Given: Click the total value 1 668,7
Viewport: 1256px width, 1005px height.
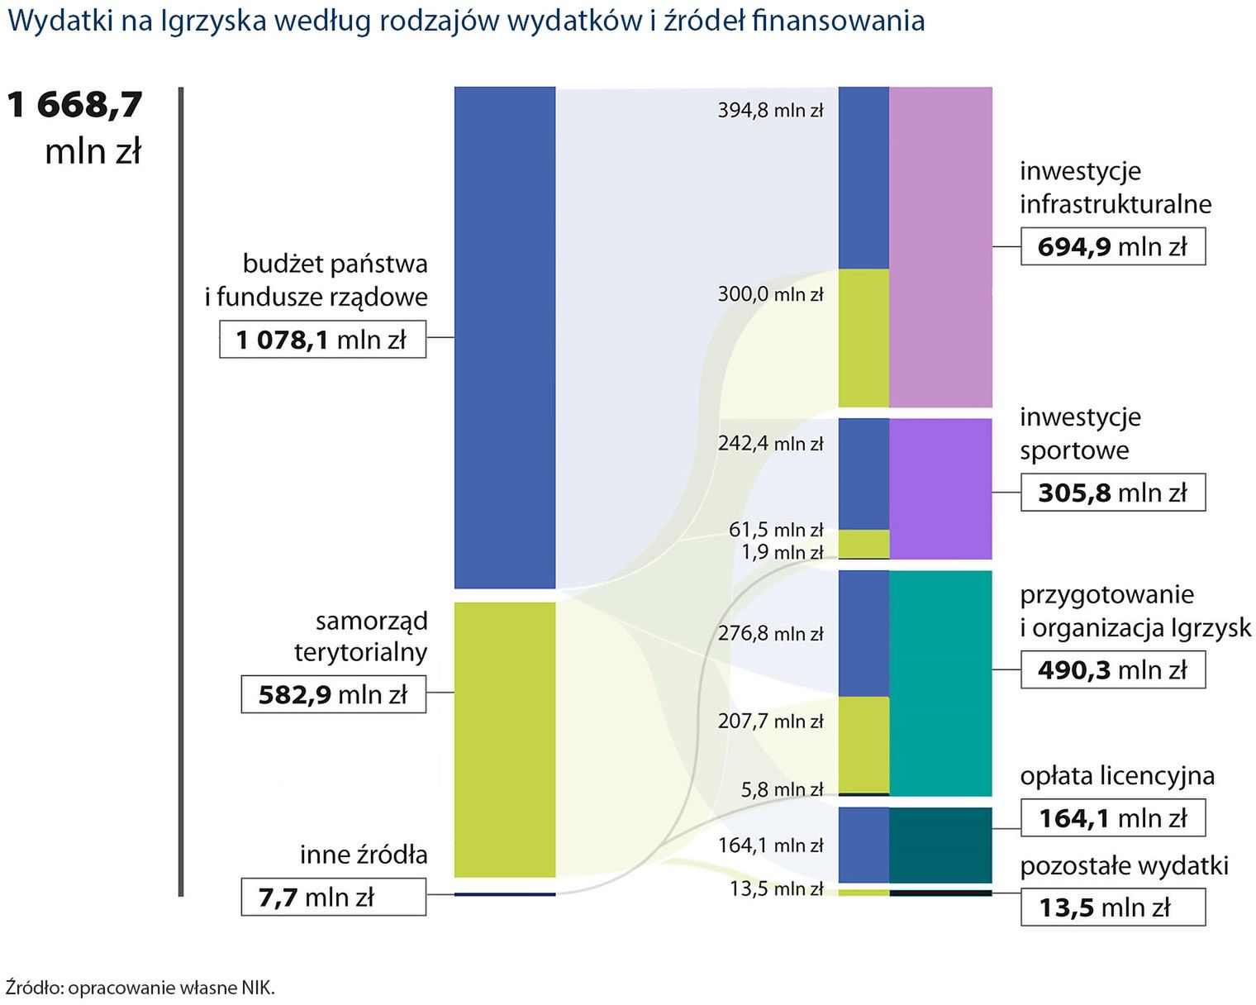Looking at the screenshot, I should click(75, 105).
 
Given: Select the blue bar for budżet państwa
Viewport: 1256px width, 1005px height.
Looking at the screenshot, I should click(504, 337).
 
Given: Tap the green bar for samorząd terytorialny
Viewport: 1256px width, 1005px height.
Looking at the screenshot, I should click(504, 739).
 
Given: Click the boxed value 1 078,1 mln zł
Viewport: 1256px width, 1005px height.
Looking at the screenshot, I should click(322, 340).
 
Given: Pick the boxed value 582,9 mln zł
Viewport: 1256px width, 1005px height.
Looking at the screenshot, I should click(333, 694).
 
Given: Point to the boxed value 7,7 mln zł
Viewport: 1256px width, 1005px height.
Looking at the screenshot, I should click(333, 897).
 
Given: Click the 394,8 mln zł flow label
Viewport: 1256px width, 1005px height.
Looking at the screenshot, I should click(770, 110).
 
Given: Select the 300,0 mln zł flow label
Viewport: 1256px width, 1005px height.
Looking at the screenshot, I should click(770, 294).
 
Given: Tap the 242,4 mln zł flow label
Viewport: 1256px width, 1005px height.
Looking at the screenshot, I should click(770, 443).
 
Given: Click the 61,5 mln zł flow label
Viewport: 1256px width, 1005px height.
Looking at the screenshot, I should click(775, 529).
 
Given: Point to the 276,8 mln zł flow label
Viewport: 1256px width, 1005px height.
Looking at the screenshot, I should click(770, 634).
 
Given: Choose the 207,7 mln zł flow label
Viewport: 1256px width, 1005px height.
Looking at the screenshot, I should click(770, 721).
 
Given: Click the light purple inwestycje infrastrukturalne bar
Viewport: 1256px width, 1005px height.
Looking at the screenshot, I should click(940, 246).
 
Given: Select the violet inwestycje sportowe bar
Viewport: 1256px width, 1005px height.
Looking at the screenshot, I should click(940, 488).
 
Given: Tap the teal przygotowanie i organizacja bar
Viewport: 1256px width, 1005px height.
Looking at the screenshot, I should click(940, 683).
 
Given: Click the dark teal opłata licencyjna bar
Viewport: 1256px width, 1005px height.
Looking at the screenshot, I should click(940, 845).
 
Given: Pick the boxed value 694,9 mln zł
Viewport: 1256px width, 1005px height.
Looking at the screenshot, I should click(1112, 247).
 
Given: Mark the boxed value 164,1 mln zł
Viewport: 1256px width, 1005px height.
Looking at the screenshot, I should click(1112, 818).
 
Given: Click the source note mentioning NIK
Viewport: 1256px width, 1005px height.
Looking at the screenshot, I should click(140, 988).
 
